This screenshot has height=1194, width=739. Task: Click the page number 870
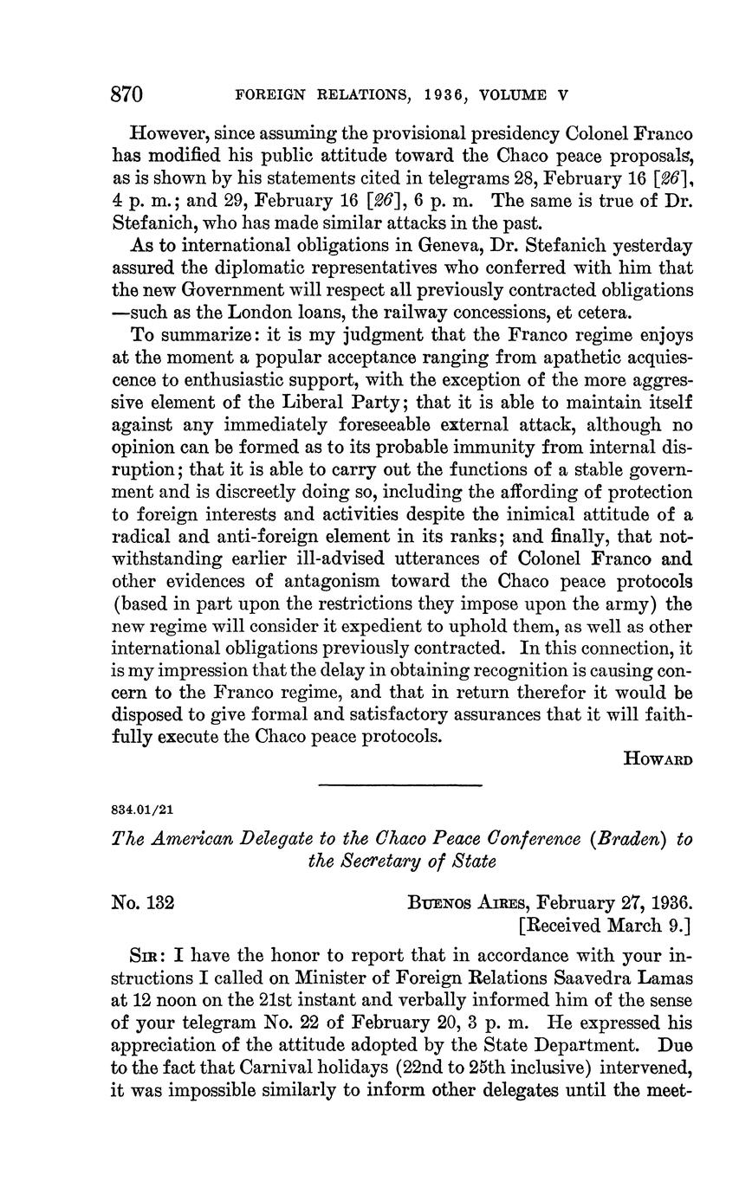coord(126,94)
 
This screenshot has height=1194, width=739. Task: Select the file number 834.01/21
coord(143,810)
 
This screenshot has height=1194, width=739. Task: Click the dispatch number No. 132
coord(144,902)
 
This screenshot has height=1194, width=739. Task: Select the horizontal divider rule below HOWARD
coord(399,785)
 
